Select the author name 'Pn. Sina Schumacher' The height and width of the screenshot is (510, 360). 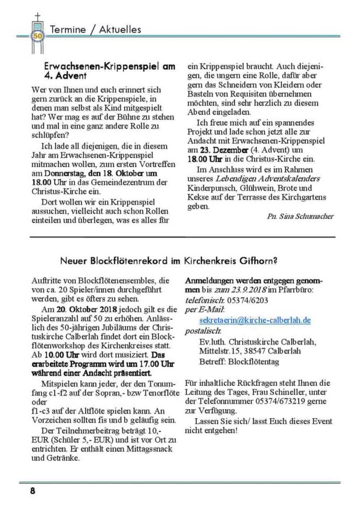pyautogui.click(x=300, y=216)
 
